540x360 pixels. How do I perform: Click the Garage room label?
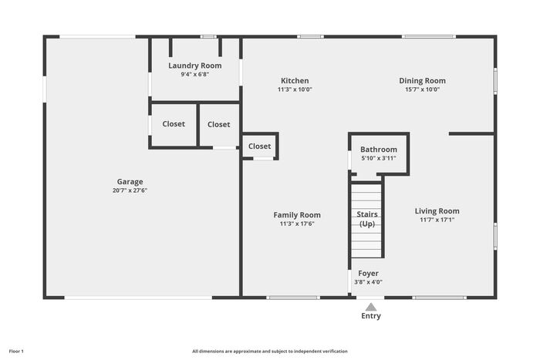pyautogui.click(x=130, y=182)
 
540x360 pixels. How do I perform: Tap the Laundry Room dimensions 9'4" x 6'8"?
pyautogui.click(x=195, y=74)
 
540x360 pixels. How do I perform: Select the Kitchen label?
pyautogui.click(x=295, y=80)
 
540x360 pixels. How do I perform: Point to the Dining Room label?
pyautogui.click(x=422, y=81)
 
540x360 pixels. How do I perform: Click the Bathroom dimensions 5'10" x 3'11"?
pyautogui.click(x=379, y=158)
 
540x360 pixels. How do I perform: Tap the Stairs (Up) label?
pyautogui.click(x=367, y=219)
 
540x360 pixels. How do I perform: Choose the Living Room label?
pyautogui.click(x=437, y=211)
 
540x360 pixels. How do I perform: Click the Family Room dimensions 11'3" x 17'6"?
pyautogui.click(x=297, y=224)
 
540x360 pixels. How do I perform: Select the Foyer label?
pyautogui.click(x=368, y=273)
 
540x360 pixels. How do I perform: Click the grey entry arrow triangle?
pyautogui.click(x=371, y=307)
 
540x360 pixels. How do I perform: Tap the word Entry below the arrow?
pyautogui.click(x=371, y=316)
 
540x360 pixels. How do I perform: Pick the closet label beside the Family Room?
pyautogui.click(x=259, y=146)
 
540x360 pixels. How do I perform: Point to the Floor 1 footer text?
pyautogui.click(x=16, y=352)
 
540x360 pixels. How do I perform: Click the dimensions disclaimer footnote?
pyautogui.click(x=270, y=352)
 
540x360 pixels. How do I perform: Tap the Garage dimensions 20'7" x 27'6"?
pyautogui.click(x=130, y=190)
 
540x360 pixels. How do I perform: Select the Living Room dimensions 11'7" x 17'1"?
pyautogui.click(x=437, y=220)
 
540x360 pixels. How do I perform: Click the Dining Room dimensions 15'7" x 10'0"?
pyautogui.click(x=422, y=89)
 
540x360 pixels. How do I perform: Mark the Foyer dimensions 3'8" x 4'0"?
pyautogui.click(x=368, y=282)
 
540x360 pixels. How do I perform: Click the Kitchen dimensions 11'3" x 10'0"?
pyautogui.click(x=295, y=89)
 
